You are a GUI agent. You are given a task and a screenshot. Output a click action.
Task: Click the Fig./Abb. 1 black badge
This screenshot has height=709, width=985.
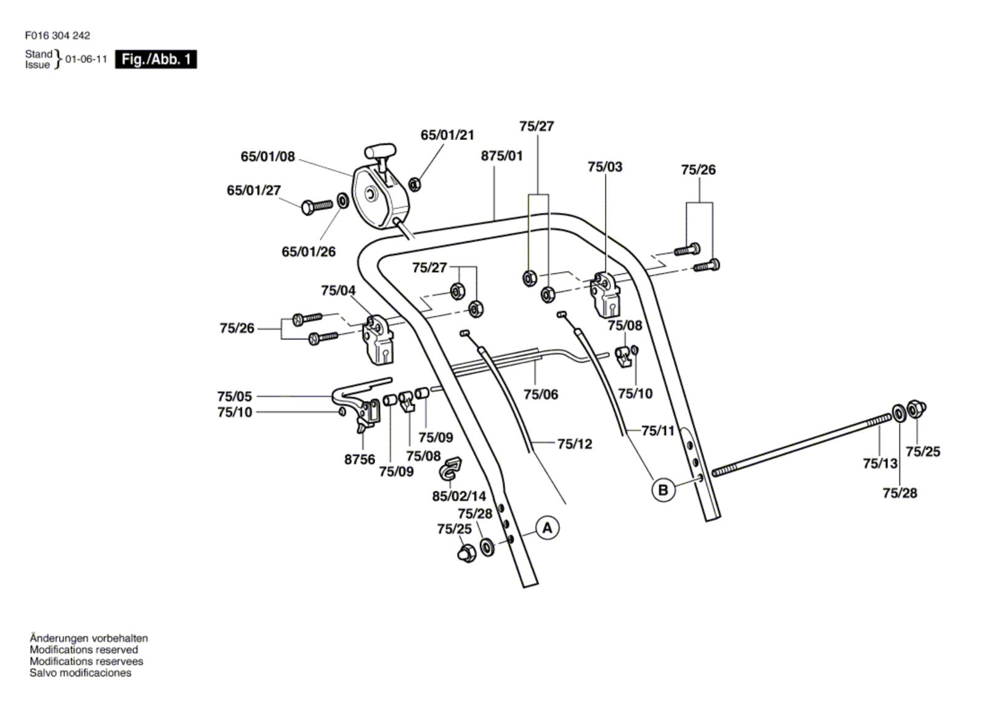[156, 60]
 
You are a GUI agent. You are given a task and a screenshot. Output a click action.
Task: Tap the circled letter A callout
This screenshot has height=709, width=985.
[547, 528]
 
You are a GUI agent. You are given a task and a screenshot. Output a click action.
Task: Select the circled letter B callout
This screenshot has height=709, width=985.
[663, 490]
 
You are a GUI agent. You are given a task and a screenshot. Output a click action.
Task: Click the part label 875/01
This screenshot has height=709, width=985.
[501, 156]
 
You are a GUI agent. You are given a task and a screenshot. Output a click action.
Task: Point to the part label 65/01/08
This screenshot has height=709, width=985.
[268, 156]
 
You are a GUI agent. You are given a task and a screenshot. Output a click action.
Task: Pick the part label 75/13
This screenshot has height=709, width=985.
[880, 463]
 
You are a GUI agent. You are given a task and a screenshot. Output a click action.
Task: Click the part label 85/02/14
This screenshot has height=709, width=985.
[459, 496]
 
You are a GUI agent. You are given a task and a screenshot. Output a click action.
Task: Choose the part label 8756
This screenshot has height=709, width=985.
[360, 460]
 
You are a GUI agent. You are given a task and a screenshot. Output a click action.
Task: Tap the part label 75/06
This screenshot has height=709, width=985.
[541, 394]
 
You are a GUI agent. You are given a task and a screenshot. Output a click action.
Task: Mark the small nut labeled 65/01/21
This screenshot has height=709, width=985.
[415, 182]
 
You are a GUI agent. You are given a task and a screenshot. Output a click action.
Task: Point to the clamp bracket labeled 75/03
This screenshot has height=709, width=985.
[606, 294]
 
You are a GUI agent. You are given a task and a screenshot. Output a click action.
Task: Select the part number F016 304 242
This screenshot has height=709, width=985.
[57, 36]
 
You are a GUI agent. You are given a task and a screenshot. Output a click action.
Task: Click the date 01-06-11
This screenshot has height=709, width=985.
[86, 60]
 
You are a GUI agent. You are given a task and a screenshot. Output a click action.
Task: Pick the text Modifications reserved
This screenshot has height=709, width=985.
[84, 650]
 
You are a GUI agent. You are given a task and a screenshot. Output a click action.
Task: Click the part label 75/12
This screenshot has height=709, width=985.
[574, 444]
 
